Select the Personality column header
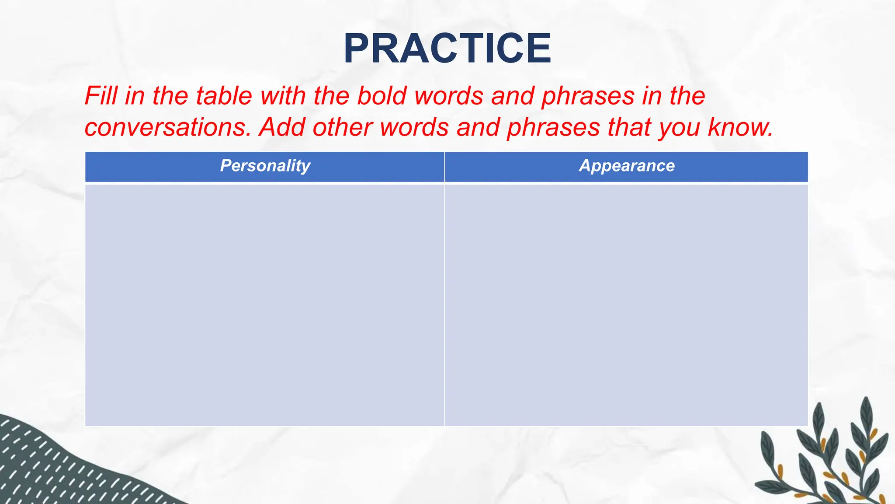click(265, 166)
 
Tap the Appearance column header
click(627, 166)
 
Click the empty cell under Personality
click(265, 305)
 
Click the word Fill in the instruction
click(102, 96)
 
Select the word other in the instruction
click(342, 127)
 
